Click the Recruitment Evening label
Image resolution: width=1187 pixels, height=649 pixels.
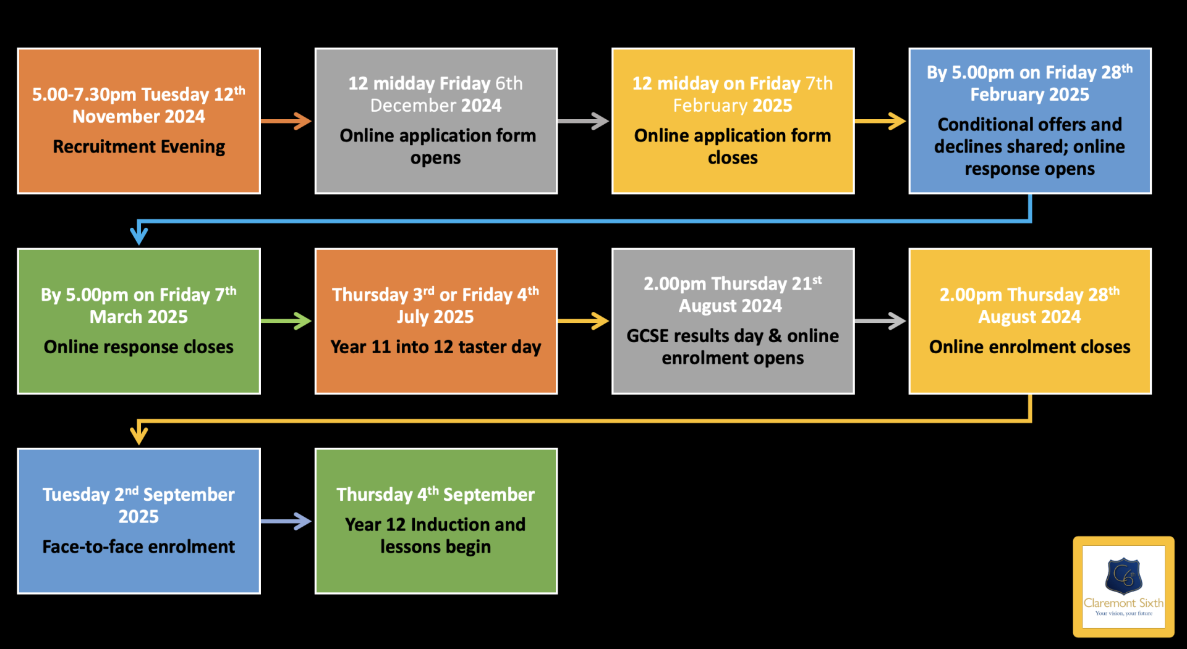tap(138, 147)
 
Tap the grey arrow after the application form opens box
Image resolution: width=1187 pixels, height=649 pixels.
tap(584, 121)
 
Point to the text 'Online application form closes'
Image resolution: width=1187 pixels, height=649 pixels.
tap(733, 146)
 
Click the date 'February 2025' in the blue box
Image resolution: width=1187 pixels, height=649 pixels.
tap(1029, 94)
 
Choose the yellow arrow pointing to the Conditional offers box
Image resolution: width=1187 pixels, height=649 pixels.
tap(880, 121)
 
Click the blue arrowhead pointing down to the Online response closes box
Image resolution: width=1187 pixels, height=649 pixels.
tap(139, 235)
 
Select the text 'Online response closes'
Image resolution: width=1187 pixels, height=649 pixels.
tap(138, 347)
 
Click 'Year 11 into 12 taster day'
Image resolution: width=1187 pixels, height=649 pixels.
tap(436, 347)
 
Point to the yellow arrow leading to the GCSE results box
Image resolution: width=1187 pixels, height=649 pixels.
tap(584, 321)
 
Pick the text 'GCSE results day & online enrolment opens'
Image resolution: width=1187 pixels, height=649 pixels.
tap(733, 347)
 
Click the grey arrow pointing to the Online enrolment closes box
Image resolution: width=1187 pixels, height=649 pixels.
tap(880, 321)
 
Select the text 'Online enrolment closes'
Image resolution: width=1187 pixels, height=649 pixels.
tap(1029, 347)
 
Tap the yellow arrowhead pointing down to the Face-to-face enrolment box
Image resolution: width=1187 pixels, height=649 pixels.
tap(139, 435)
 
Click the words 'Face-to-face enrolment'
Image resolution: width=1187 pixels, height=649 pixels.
tap(138, 547)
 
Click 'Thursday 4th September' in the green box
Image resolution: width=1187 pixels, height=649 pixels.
tap(436, 495)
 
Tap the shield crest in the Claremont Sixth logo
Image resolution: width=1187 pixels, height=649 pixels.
tap(1123, 576)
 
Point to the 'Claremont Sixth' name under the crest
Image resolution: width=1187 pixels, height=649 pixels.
tap(1123, 603)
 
